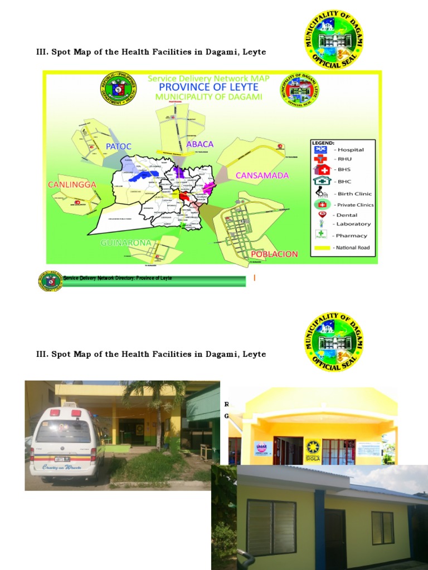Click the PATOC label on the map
[118, 146]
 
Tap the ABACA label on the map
[200, 144]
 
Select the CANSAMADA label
[262, 175]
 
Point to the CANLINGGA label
[72, 184]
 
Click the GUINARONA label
[126, 243]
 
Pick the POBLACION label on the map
[274, 254]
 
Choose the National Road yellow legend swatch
[323, 248]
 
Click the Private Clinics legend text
[356, 205]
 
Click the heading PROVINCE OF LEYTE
[208, 87]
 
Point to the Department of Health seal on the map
[116, 89]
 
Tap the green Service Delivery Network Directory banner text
[118, 278]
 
